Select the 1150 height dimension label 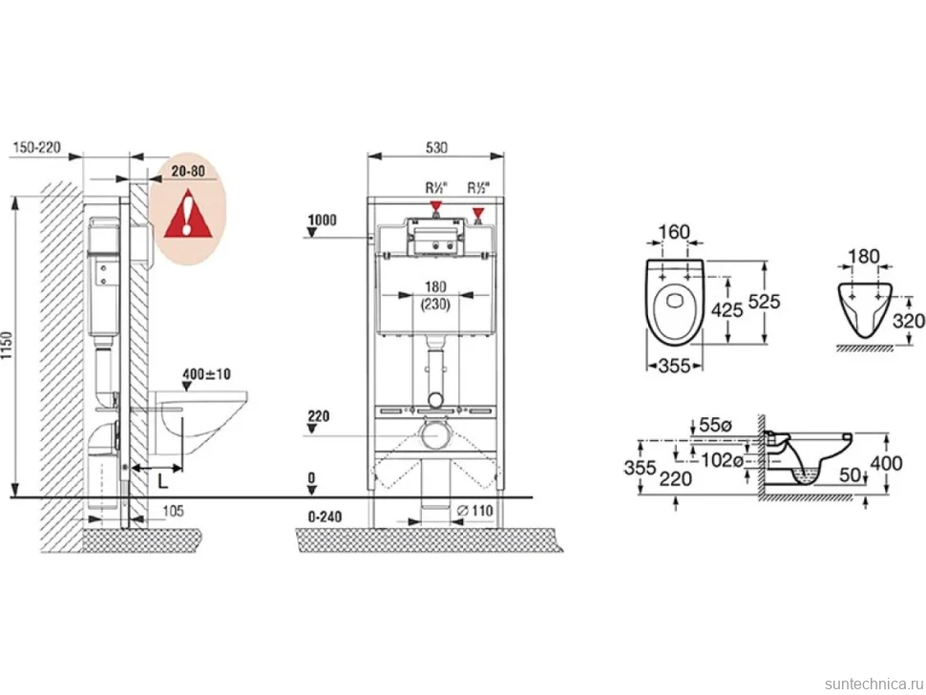click(7, 347)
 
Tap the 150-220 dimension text click(36, 147)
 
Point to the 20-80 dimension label click(188, 171)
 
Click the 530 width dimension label click(436, 147)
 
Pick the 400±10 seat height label click(207, 374)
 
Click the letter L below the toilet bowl click(163, 481)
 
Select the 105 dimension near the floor click(173, 510)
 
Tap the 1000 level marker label click(323, 220)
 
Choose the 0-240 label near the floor click(325, 516)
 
